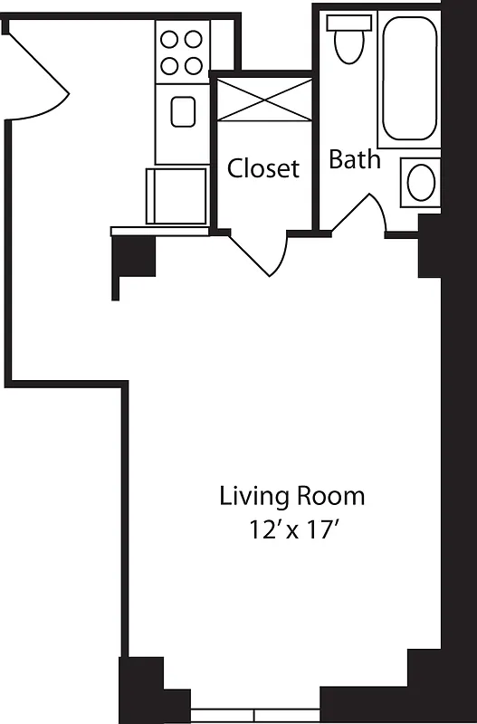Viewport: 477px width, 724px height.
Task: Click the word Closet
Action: coord(262,168)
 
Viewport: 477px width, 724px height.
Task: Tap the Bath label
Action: coord(354,160)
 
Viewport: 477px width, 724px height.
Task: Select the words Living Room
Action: coord(291,496)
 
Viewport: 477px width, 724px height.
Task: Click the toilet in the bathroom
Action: coord(347,45)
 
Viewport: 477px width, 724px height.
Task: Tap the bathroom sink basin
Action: coord(421,182)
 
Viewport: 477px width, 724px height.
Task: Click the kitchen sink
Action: coord(184,112)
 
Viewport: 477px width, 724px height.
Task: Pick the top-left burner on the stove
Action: coord(170,41)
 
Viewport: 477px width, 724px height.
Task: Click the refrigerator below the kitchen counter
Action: coord(177,195)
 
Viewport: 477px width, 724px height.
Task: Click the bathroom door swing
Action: coord(362,215)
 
